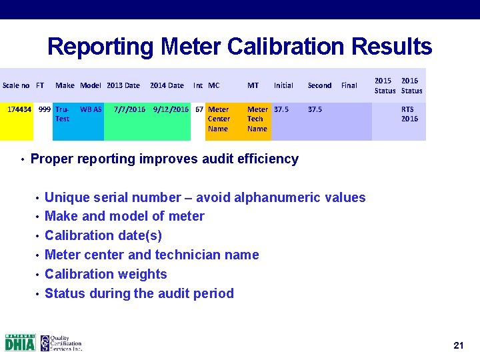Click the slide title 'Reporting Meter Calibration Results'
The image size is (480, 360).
pyautogui.click(x=239, y=47)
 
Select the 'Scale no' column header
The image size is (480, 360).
pyautogui.click(x=16, y=85)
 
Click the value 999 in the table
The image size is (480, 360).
pyautogui.click(x=44, y=109)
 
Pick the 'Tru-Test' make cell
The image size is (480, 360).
pyautogui.click(x=62, y=114)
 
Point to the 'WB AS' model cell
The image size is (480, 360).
pyautogui.click(x=91, y=109)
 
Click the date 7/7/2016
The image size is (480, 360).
pyautogui.click(x=130, y=109)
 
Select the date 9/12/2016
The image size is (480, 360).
pyautogui.click(x=171, y=109)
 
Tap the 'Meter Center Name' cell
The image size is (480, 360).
pyautogui.click(x=218, y=119)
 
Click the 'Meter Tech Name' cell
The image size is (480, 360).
pyautogui.click(x=257, y=119)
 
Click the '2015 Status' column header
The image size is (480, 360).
pyautogui.click(x=384, y=85)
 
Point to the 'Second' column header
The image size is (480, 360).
pyautogui.click(x=319, y=85)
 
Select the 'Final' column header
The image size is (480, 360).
pyautogui.click(x=349, y=85)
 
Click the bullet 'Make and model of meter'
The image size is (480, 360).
pyautogui.click(x=124, y=216)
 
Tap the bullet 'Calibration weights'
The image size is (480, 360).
pyautogui.click(x=105, y=274)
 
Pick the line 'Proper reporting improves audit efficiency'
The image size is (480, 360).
pyautogui.click(x=164, y=159)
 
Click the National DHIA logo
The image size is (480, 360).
pyautogui.click(x=20, y=342)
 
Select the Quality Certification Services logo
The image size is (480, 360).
pyautogui.click(x=61, y=342)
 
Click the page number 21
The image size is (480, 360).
pyautogui.click(x=458, y=345)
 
